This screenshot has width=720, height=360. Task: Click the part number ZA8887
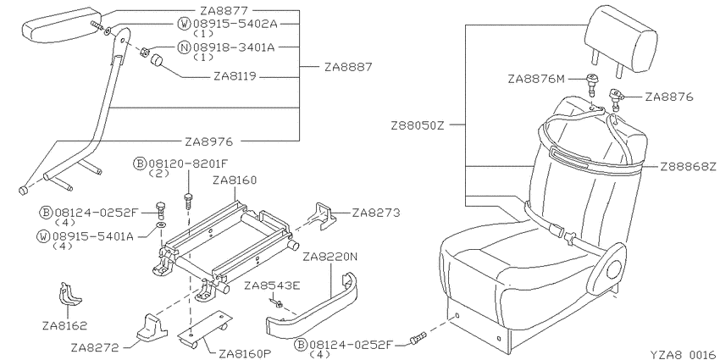347,67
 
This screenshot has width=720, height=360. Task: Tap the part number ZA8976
209,142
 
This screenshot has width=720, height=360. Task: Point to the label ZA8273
375,213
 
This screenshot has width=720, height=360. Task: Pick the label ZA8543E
272,286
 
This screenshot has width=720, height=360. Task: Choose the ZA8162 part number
64,326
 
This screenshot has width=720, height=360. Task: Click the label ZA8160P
245,353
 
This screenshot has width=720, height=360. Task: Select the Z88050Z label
418,125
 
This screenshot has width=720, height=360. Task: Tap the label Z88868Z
688,167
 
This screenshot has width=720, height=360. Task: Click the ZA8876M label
535,79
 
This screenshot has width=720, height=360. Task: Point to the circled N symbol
185,47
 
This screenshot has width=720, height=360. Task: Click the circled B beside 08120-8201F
139,163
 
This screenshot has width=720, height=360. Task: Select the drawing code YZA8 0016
683,354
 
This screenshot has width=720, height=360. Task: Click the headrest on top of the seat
621,42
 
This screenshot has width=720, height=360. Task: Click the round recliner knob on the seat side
613,270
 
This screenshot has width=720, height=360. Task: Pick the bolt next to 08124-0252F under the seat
418,339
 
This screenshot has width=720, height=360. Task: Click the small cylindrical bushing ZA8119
158,61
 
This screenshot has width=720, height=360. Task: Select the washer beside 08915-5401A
161,225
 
